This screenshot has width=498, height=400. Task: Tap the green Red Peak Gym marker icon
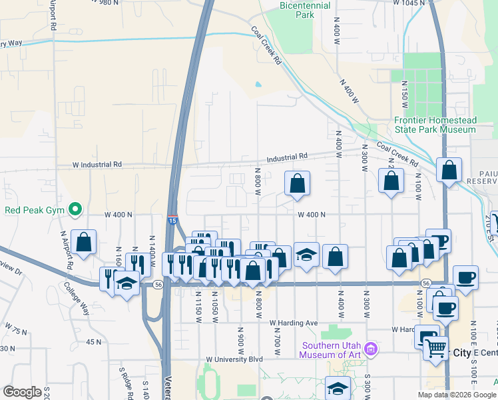(75, 210)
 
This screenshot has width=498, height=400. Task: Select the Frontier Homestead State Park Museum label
(435, 125)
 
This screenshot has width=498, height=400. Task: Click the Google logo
(22, 392)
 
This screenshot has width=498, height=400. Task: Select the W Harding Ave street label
(294, 323)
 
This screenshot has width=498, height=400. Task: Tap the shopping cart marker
(435, 347)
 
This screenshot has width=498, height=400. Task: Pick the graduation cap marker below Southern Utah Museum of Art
(338, 389)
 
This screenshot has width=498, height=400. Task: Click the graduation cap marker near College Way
(125, 285)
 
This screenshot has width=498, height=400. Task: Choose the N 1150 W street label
(198, 308)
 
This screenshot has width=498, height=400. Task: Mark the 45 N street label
(94, 342)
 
